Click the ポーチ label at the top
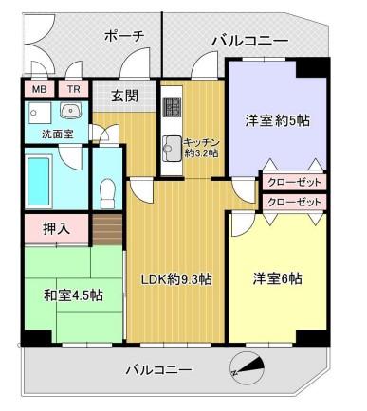(123, 36)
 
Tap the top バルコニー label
(249, 41)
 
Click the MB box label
(40, 90)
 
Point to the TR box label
(73, 90)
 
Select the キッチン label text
(203, 139)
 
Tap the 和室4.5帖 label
(72, 294)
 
